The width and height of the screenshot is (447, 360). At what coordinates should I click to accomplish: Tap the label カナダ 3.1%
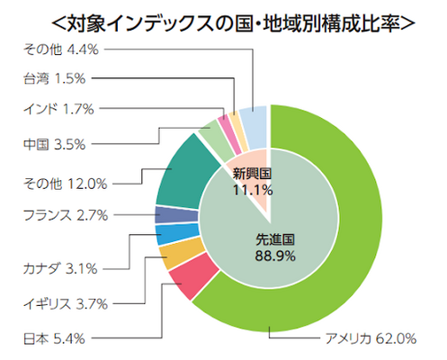67,267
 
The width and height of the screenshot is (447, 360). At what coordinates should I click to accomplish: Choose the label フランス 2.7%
66,214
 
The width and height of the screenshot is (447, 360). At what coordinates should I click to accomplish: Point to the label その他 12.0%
66,184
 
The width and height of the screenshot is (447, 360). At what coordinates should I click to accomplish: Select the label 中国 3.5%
56,141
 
